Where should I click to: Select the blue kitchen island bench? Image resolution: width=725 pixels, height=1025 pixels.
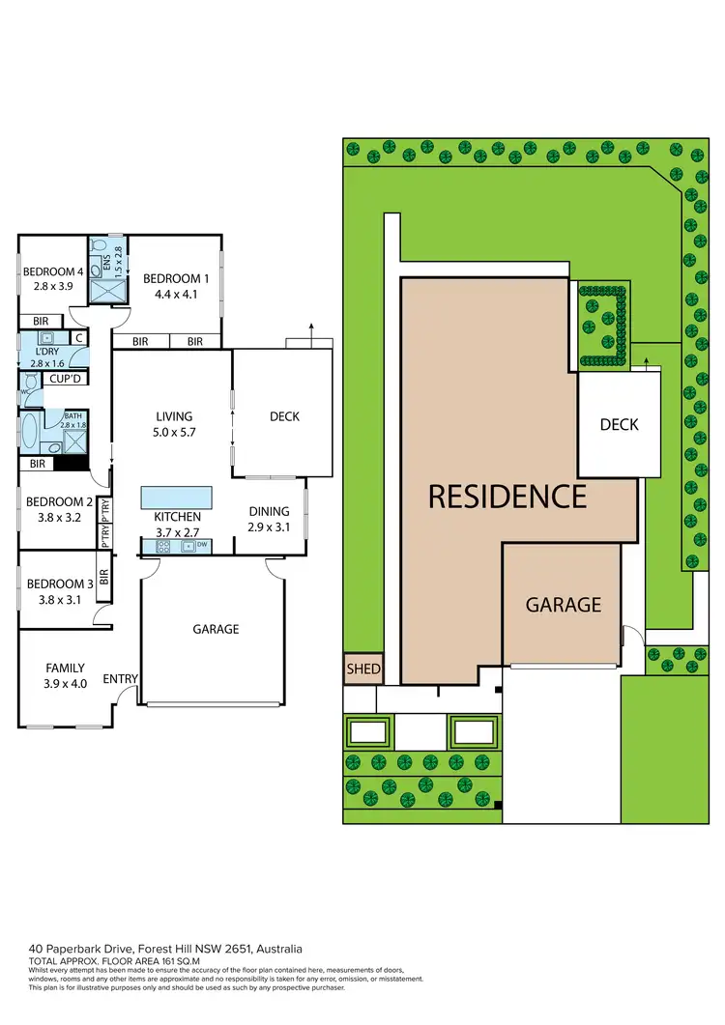[x=175, y=498]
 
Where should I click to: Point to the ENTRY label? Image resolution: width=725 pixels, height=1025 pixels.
[x=120, y=679]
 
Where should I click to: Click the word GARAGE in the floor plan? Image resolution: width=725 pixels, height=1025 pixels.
[x=216, y=629]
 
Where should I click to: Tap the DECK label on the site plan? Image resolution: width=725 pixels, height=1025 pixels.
[x=619, y=424]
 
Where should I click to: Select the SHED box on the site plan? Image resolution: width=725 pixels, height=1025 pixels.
[x=363, y=669]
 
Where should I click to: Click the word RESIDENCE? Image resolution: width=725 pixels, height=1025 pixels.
[x=507, y=497]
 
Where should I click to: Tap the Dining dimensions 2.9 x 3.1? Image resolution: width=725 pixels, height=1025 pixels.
[x=269, y=527]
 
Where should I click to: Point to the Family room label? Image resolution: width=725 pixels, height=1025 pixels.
[x=66, y=668]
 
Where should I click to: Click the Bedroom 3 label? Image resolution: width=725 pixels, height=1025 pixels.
[x=54, y=584]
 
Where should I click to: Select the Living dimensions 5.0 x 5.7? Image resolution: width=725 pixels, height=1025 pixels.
[x=175, y=433]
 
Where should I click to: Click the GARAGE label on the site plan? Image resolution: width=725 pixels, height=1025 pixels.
[x=564, y=605]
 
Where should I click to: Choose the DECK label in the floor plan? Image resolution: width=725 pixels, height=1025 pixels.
[x=284, y=416]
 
